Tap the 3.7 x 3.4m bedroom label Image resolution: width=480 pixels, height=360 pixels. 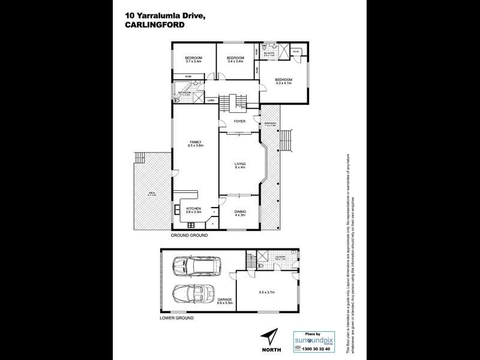193,59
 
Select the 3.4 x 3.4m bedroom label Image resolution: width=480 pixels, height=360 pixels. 235,59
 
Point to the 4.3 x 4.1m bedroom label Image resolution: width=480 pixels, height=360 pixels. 283,82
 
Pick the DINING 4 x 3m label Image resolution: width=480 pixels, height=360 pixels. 239,212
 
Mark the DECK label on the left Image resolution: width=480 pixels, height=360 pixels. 152,194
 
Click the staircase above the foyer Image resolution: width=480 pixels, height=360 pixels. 234,104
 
